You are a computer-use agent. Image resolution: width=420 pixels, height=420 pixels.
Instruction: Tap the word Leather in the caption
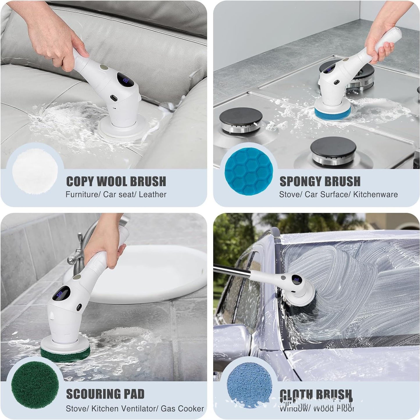[x=153, y=194]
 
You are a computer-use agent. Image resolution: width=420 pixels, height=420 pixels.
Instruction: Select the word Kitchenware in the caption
[x=375, y=194]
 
